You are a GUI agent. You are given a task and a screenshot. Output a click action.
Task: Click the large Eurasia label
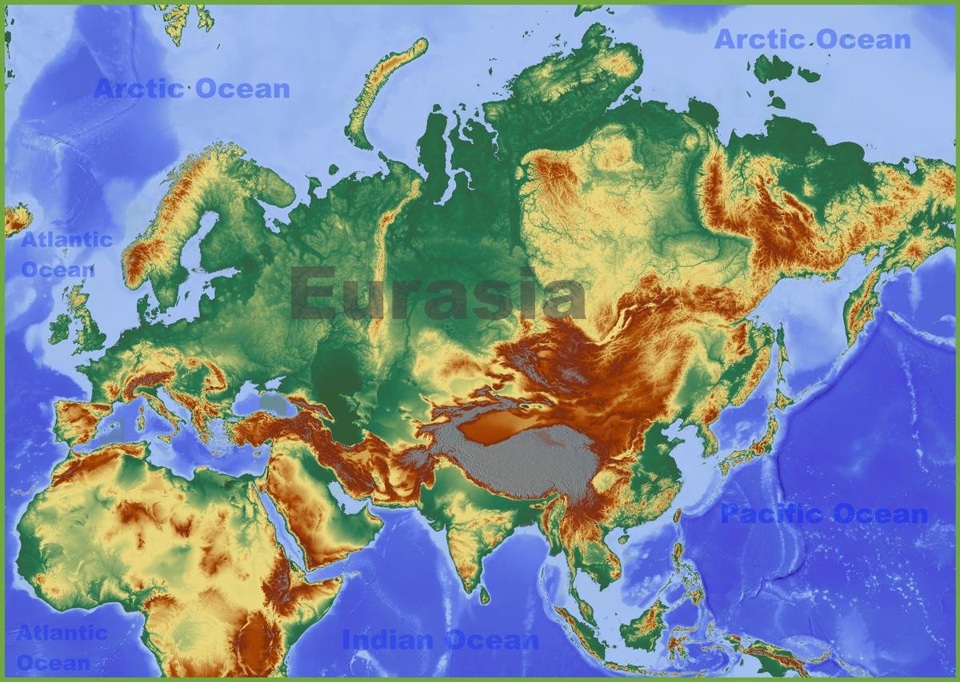(x=438, y=293)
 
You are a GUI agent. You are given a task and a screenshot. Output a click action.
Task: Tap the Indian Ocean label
(x=440, y=640)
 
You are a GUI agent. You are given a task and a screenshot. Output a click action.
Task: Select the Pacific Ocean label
(x=824, y=514)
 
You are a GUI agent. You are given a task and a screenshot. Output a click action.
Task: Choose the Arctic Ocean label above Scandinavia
(x=192, y=89)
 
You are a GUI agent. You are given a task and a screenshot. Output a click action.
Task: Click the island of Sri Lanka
(x=484, y=595)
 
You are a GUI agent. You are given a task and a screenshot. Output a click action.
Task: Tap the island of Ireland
(x=59, y=329)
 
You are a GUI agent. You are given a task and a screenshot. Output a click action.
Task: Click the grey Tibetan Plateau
(x=520, y=464)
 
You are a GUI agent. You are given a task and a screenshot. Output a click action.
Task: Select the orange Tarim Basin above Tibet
(x=500, y=428)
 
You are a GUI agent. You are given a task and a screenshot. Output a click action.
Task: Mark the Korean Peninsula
(x=708, y=436)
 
